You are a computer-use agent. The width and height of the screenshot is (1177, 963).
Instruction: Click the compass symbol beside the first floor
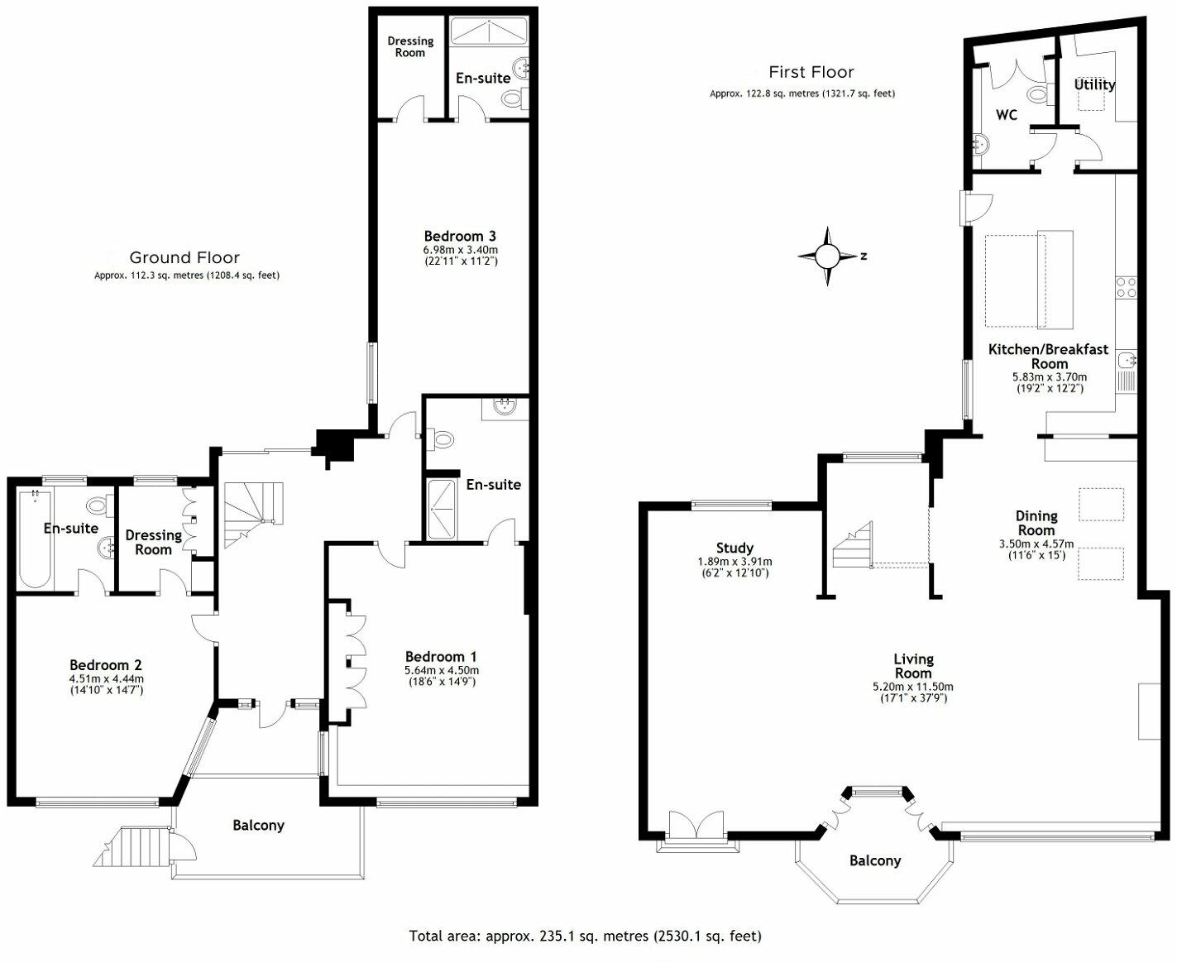click(828, 256)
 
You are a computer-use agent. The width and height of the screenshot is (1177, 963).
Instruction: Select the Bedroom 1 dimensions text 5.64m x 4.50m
click(442, 670)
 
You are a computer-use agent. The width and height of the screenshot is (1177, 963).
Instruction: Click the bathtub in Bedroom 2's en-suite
click(35, 539)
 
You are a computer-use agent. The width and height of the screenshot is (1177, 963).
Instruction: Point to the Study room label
click(734, 548)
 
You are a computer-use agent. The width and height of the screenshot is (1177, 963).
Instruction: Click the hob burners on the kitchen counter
click(1126, 287)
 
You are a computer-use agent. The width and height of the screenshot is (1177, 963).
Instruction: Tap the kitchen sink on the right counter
click(1126, 361)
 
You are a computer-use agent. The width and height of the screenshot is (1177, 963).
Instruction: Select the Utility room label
click(1094, 84)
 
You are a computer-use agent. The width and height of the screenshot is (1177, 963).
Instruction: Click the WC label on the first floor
click(1006, 115)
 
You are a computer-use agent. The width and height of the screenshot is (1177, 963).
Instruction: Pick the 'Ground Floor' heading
click(184, 257)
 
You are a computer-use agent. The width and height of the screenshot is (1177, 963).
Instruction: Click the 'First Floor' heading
click(811, 72)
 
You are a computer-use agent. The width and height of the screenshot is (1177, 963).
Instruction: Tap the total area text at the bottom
click(585, 936)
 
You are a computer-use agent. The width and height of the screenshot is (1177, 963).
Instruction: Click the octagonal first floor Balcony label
click(874, 860)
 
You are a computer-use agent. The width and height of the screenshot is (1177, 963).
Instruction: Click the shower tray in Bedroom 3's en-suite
click(489, 32)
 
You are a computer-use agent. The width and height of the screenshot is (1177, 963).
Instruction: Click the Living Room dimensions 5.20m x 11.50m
click(913, 687)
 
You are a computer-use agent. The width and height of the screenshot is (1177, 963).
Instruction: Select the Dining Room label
click(1036, 523)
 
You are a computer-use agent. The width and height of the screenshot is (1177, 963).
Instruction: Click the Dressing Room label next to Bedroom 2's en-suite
click(153, 542)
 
